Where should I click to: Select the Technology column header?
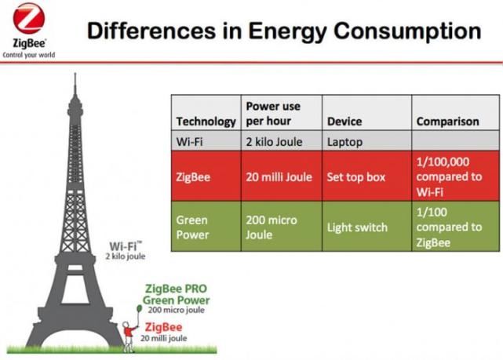206,122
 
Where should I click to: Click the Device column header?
344,122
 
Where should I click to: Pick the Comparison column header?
447,122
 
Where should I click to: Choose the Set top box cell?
355,176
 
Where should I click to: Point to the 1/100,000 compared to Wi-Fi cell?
449,176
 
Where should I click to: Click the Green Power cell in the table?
193,227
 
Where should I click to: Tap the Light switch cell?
357,227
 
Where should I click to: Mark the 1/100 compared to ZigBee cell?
449,227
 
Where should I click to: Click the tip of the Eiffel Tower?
75,76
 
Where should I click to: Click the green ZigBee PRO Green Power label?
177,295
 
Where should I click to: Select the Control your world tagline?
28,56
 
